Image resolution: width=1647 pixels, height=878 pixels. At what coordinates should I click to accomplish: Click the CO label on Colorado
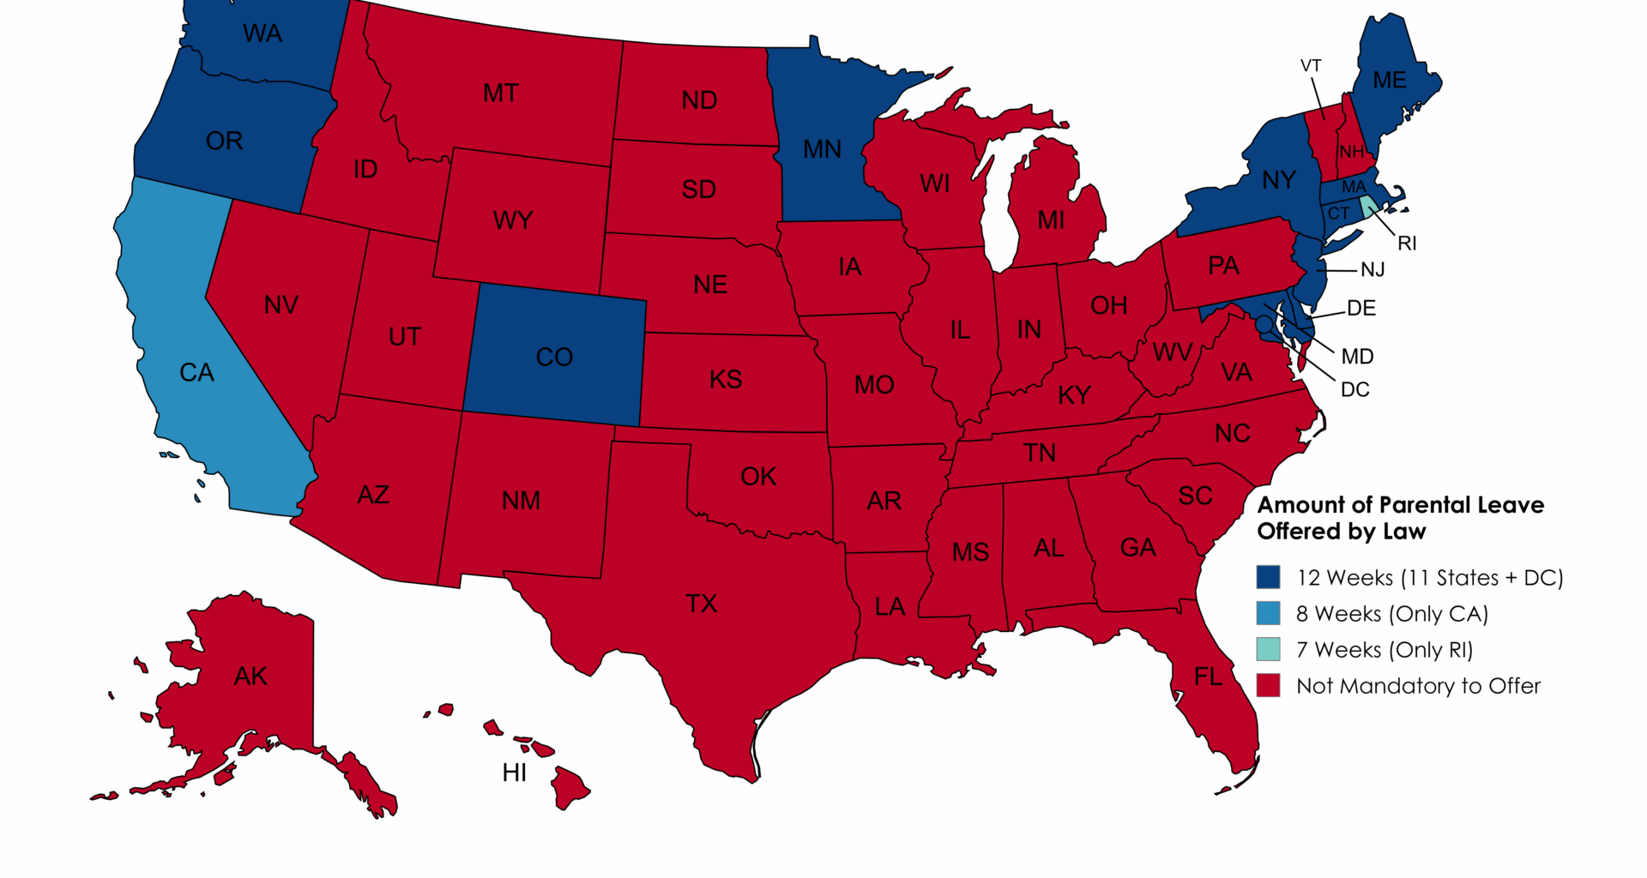tap(554, 357)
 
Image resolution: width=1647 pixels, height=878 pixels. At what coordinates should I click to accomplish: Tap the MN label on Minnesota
tap(822, 149)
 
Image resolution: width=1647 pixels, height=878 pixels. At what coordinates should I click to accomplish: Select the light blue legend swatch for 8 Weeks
tap(1268, 613)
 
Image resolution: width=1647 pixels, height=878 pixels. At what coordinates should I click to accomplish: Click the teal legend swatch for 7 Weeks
tap(1268, 649)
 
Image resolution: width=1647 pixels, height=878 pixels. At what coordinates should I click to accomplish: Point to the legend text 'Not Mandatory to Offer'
tap(1418, 686)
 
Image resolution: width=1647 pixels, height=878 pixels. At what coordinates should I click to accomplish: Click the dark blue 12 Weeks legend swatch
tap(1268, 577)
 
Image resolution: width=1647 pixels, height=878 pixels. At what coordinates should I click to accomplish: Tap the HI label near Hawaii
tap(515, 773)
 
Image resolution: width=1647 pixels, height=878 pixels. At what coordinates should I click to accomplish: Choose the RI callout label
tap(1407, 244)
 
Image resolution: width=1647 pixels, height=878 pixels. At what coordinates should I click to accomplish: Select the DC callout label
tap(1354, 390)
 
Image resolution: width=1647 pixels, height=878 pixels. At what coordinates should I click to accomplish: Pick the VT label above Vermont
tap(1311, 66)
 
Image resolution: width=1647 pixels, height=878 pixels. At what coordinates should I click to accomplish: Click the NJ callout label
tap(1372, 270)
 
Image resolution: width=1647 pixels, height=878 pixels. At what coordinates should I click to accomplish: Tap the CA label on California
tap(196, 372)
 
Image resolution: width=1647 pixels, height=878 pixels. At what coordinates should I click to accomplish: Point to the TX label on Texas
tap(701, 604)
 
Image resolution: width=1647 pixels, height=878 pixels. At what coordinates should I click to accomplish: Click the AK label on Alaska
tap(250, 677)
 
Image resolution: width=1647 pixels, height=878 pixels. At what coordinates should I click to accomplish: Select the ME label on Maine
tap(1390, 80)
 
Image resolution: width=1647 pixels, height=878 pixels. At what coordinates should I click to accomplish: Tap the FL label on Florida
tap(1208, 677)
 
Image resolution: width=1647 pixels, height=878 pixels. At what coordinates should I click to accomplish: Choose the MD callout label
tap(1357, 357)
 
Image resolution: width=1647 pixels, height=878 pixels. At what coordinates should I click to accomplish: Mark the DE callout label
tap(1361, 309)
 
